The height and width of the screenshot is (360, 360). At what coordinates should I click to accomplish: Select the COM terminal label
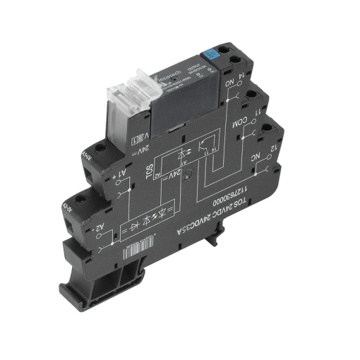pyautogui.click(x=244, y=119)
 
